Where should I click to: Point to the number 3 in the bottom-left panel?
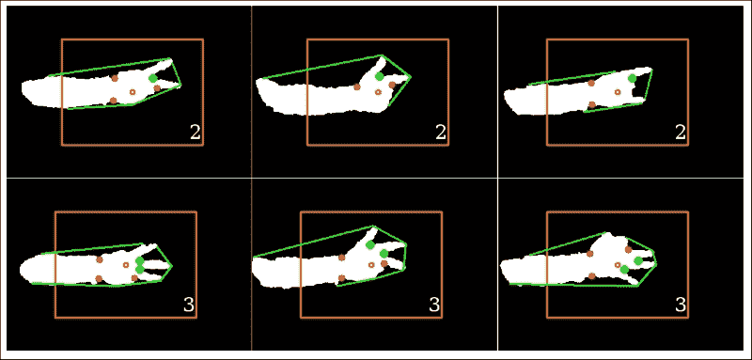[x=189, y=305]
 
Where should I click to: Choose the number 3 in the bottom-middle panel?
[x=433, y=305]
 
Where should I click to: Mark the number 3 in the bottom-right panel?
[x=681, y=305]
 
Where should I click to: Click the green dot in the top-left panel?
[x=153, y=78]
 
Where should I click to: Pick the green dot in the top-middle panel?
[x=380, y=76]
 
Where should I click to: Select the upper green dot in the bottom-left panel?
[x=139, y=260]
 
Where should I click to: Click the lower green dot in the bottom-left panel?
[x=139, y=270]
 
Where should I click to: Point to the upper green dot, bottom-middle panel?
[x=371, y=245]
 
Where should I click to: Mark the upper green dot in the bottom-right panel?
[x=637, y=260]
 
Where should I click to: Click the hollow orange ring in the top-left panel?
[x=132, y=92]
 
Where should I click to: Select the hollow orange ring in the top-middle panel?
[x=378, y=92]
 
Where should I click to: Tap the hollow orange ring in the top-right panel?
[x=618, y=92]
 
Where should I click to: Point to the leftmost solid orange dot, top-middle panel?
[x=357, y=86]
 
